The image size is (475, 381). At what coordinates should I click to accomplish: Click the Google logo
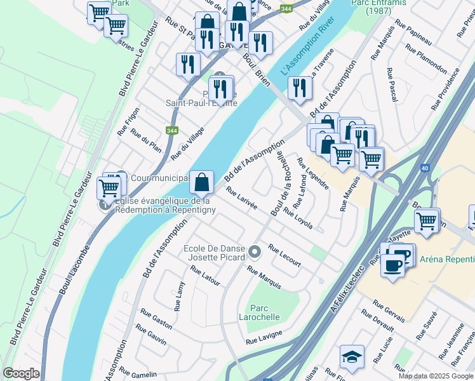21,373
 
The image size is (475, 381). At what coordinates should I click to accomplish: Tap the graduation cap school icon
352,357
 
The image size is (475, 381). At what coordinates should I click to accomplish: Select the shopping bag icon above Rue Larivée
201,182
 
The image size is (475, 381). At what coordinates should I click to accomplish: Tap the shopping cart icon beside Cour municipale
109,188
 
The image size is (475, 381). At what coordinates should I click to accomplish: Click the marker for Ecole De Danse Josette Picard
255,253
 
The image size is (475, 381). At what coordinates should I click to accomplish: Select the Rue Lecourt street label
284,255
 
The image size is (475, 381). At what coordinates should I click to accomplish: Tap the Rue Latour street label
204,275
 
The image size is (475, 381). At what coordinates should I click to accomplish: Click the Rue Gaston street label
156,319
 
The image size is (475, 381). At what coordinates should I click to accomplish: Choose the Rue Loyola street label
298,218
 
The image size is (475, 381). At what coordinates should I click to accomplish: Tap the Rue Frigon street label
128,121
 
